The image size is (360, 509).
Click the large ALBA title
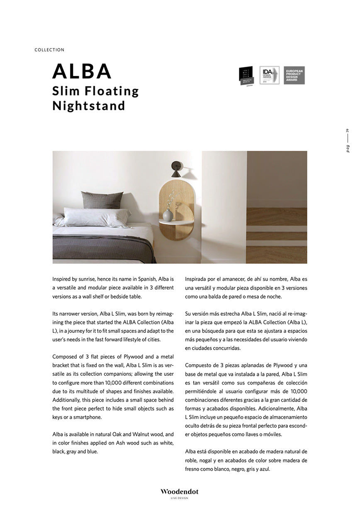pyautogui.click(x=82, y=71)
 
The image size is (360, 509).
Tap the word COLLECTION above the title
pyautogui.click(x=49, y=50)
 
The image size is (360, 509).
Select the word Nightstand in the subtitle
pyautogui.click(x=89, y=106)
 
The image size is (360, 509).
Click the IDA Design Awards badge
pyautogui.click(x=269, y=75)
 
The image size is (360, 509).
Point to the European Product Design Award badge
pyautogui.click(x=294, y=75)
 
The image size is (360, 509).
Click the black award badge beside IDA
pyautogui.click(x=246, y=76)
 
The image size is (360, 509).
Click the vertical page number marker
pyautogui.click(x=348, y=141)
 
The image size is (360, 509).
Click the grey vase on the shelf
pyautogui.click(x=168, y=215)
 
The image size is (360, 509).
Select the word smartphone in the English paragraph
pyautogui.click(x=83, y=417)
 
